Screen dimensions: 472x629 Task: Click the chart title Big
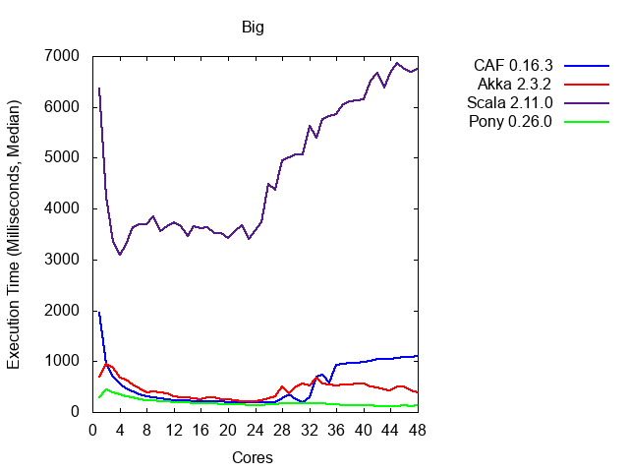point(253,27)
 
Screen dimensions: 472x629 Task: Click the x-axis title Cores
point(253,457)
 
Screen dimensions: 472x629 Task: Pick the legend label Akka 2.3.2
point(509,86)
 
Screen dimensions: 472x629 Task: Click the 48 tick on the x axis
point(418,430)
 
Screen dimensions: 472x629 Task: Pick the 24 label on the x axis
point(255,430)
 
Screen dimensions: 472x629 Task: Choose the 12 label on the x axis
point(173,430)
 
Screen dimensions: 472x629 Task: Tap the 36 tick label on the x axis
point(336,430)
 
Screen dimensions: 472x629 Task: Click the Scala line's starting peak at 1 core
point(99,88)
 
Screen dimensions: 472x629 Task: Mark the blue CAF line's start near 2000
point(99,312)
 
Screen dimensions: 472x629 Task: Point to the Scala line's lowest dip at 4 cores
point(120,255)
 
